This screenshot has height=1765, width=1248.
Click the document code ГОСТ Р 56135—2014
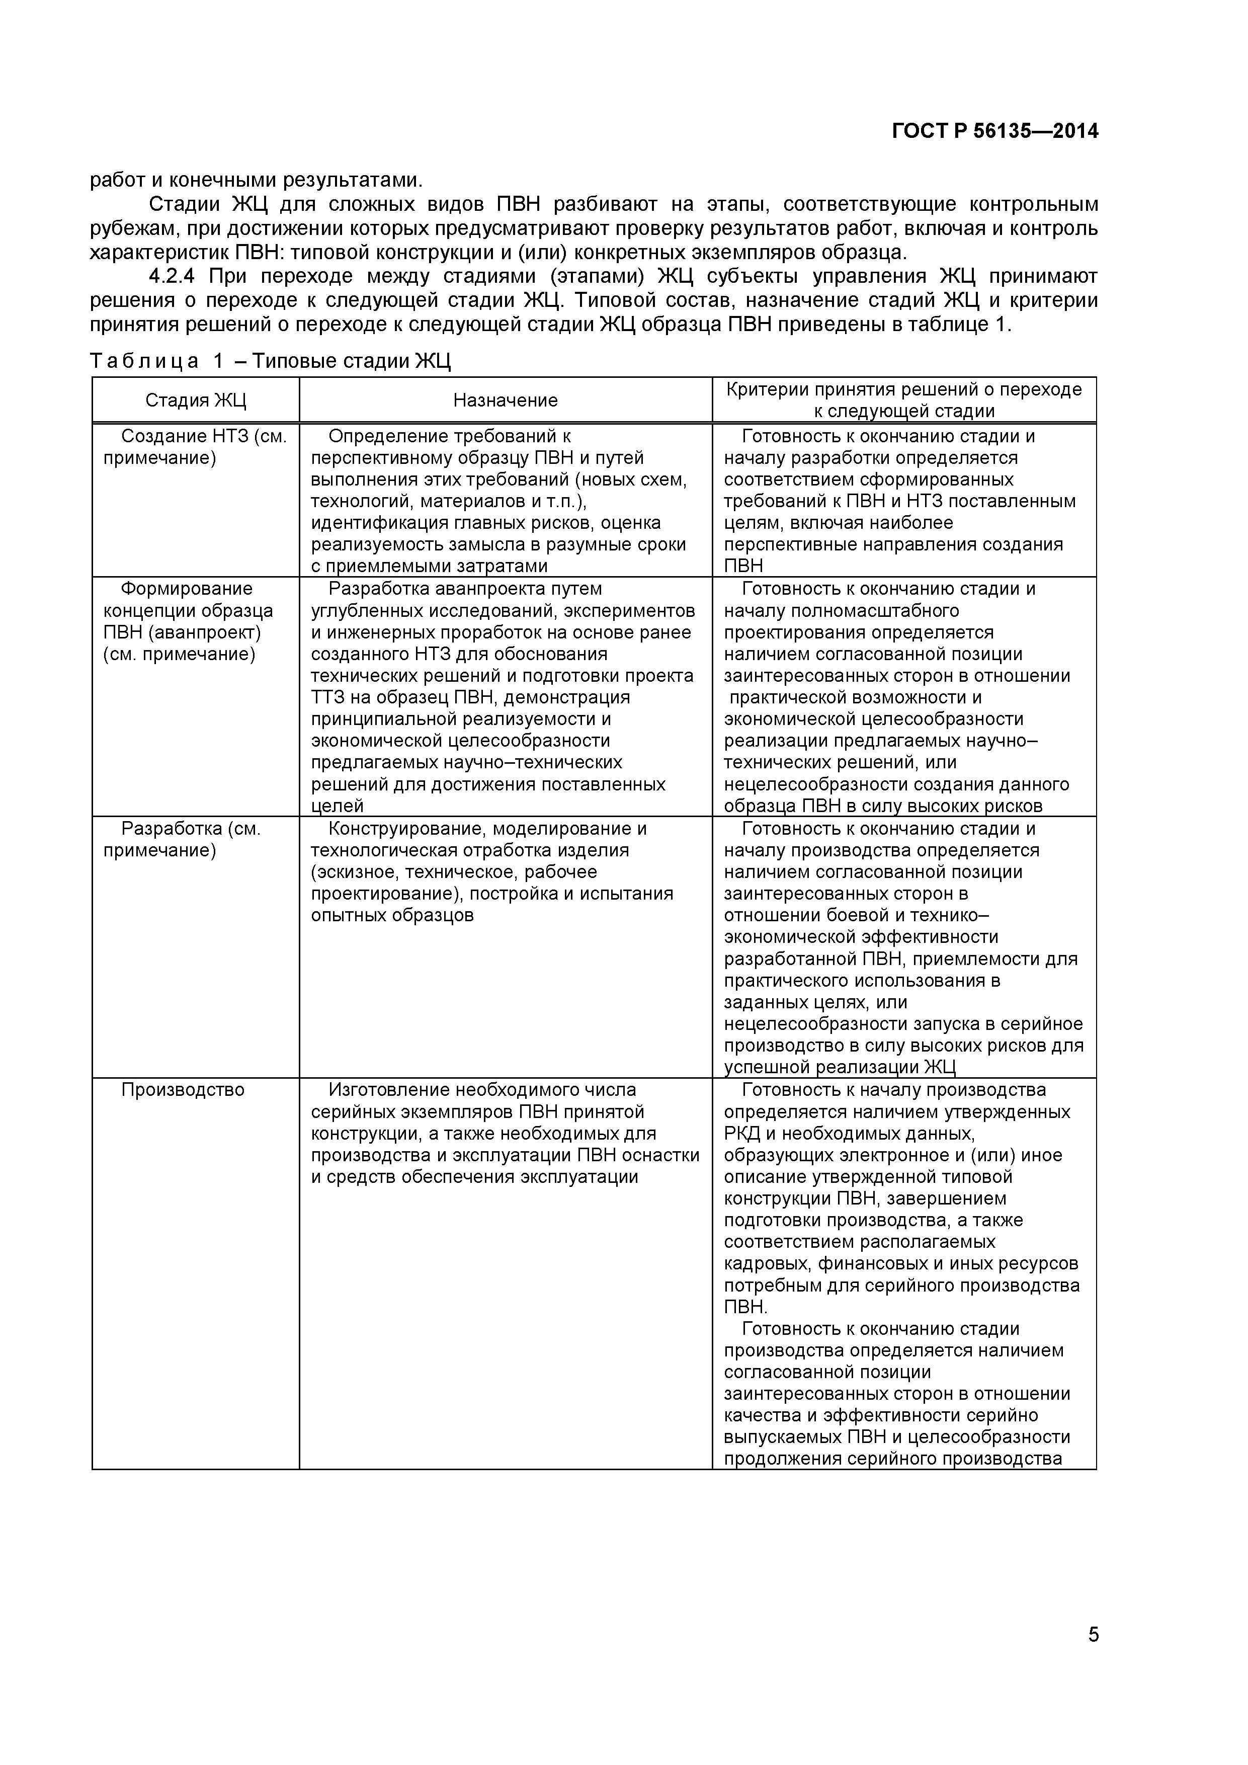point(995,131)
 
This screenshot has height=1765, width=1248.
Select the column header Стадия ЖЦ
point(196,400)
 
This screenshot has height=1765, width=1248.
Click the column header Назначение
point(505,400)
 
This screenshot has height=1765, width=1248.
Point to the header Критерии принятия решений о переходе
point(904,390)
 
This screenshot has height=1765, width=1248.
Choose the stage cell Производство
point(183,1090)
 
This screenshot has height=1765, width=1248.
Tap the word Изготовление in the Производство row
point(390,1090)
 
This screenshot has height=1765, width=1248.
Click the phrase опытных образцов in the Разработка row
point(392,916)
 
